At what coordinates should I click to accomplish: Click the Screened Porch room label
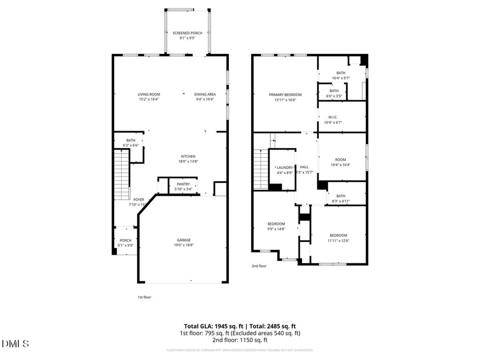coord(187,33)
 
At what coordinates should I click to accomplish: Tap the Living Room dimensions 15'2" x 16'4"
coord(149,99)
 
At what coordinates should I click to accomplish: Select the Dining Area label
coord(205,94)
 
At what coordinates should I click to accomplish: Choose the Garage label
coord(184,240)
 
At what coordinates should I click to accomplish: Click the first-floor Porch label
coord(125,240)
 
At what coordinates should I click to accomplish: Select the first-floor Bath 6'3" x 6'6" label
coord(131,140)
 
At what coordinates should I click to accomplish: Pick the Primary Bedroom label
coord(285,94)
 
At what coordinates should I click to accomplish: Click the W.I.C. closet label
coord(333,117)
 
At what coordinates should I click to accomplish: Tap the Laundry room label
coord(284,167)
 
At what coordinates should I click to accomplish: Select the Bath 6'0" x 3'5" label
coord(334,91)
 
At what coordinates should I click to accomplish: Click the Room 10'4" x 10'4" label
coord(340,160)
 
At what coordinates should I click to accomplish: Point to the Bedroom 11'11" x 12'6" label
coord(338,235)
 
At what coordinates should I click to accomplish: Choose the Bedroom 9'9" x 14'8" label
coord(276,223)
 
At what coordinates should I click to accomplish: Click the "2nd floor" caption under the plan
coord(259,266)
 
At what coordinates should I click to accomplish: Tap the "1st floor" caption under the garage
coord(144,297)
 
